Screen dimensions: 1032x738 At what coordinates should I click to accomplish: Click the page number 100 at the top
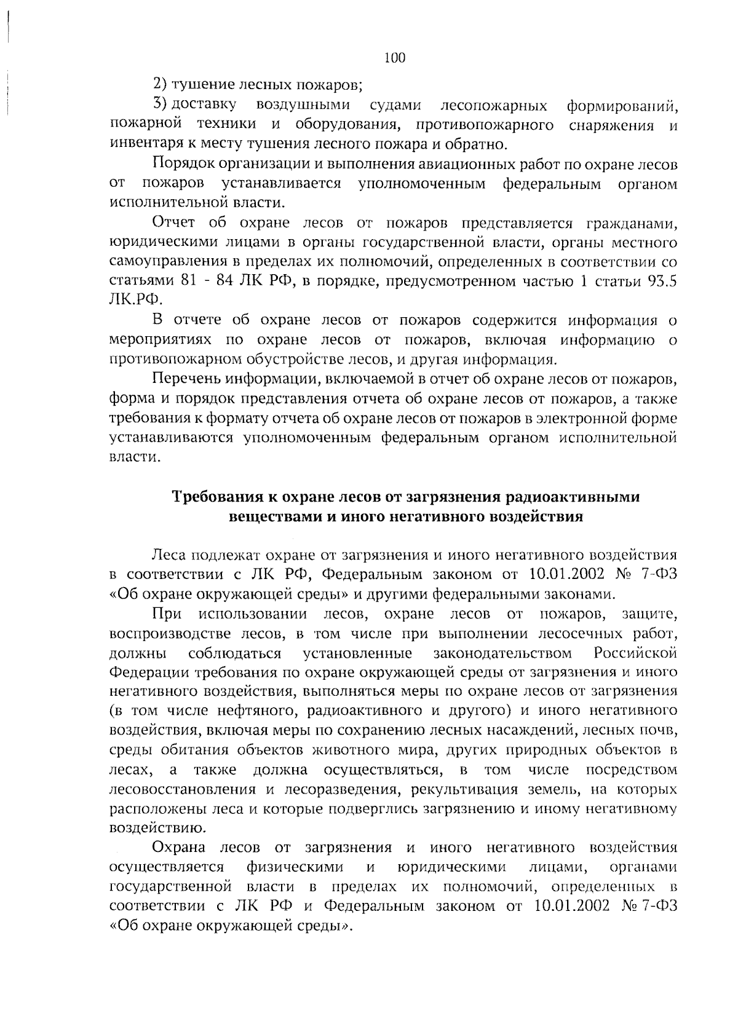click(394, 58)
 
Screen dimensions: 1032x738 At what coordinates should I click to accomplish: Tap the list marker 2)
click(160, 84)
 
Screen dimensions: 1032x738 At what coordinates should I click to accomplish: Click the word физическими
click(298, 867)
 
